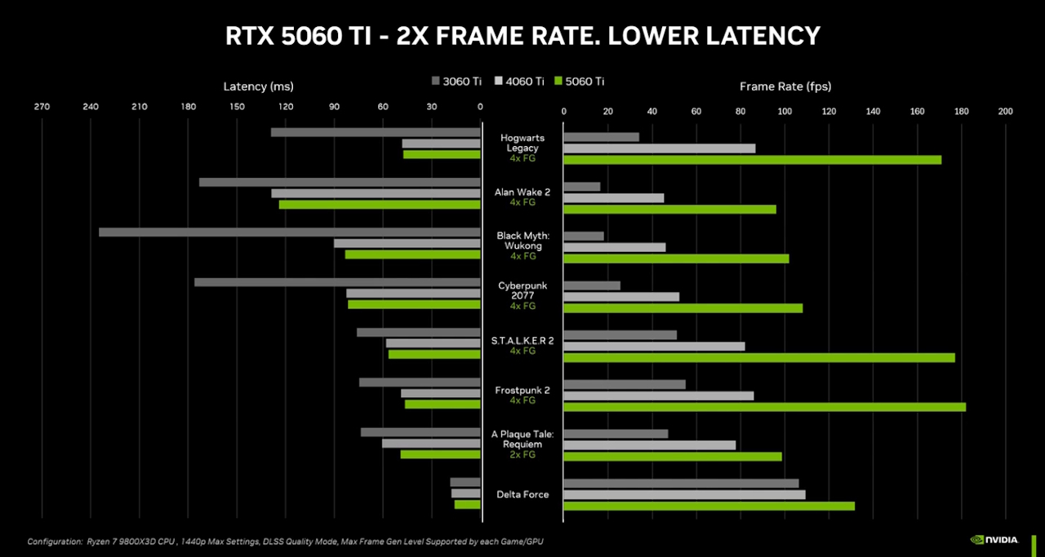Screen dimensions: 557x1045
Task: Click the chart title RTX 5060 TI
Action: [x=522, y=36]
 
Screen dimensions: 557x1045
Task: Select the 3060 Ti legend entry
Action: [x=456, y=81]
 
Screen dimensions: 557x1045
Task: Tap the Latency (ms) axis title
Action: [x=258, y=86]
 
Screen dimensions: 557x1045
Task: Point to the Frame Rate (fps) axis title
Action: [x=785, y=86]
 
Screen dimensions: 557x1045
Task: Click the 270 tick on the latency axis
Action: [x=42, y=107]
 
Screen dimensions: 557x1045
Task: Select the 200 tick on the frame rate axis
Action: [x=1005, y=112]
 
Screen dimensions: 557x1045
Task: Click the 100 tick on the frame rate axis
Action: [x=785, y=112]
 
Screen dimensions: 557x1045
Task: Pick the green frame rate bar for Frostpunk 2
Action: [x=764, y=407]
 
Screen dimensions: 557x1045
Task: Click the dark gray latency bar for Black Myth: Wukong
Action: [x=289, y=232]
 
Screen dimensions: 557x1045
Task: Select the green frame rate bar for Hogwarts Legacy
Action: [x=752, y=160]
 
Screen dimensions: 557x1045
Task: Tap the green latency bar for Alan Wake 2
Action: [x=380, y=205]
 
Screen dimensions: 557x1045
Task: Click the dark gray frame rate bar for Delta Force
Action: [x=681, y=484]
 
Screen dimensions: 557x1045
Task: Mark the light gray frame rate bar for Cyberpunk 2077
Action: [x=621, y=297]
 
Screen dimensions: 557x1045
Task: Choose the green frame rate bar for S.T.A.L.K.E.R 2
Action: [x=758, y=357]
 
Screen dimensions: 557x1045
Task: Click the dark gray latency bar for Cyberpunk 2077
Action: [x=337, y=282]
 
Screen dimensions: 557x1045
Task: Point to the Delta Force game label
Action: [x=522, y=494]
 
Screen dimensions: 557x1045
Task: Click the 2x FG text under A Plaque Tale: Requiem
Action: [x=522, y=455]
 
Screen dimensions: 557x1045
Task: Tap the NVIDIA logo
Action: [x=994, y=539]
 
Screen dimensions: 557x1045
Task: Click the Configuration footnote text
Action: [x=285, y=542]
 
